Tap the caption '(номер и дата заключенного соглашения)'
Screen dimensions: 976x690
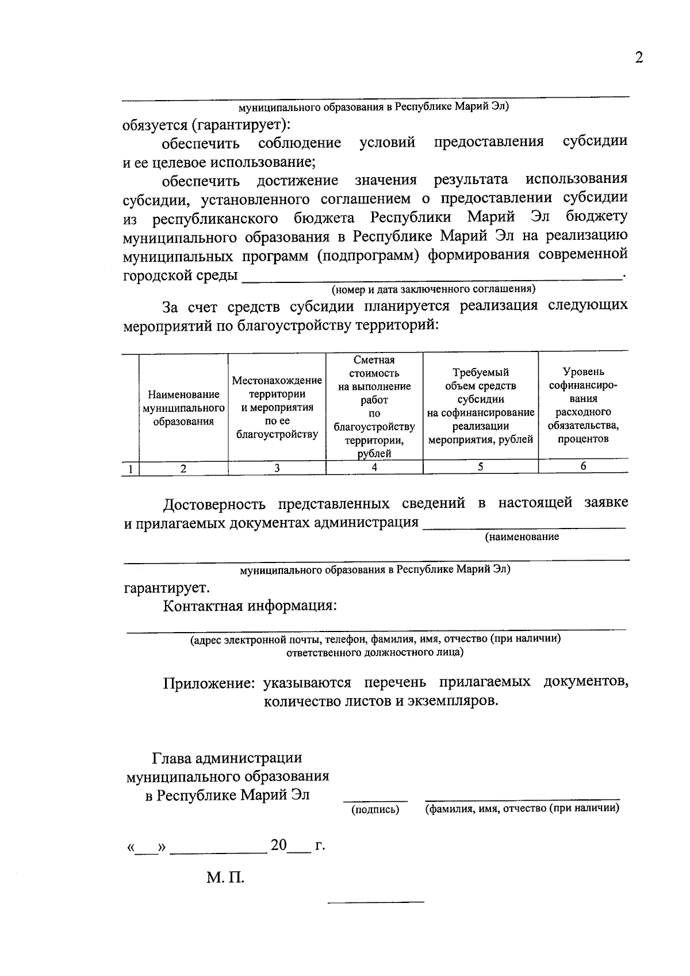point(433,289)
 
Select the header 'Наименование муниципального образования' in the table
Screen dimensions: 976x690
point(183,408)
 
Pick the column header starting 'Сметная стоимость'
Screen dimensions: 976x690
point(374,406)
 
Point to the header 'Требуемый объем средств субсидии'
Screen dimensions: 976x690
point(480,406)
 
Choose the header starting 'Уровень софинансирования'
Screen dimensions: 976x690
point(583,405)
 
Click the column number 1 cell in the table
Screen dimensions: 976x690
point(131,469)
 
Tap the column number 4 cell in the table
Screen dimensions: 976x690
point(374,468)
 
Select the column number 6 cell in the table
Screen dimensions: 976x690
point(583,466)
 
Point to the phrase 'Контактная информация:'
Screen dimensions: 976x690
point(250,606)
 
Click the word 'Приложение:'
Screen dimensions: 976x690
point(209,683)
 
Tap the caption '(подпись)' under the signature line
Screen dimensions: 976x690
point(375,810)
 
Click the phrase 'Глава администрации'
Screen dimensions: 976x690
point(227,759)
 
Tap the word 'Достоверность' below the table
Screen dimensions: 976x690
point(214,504)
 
